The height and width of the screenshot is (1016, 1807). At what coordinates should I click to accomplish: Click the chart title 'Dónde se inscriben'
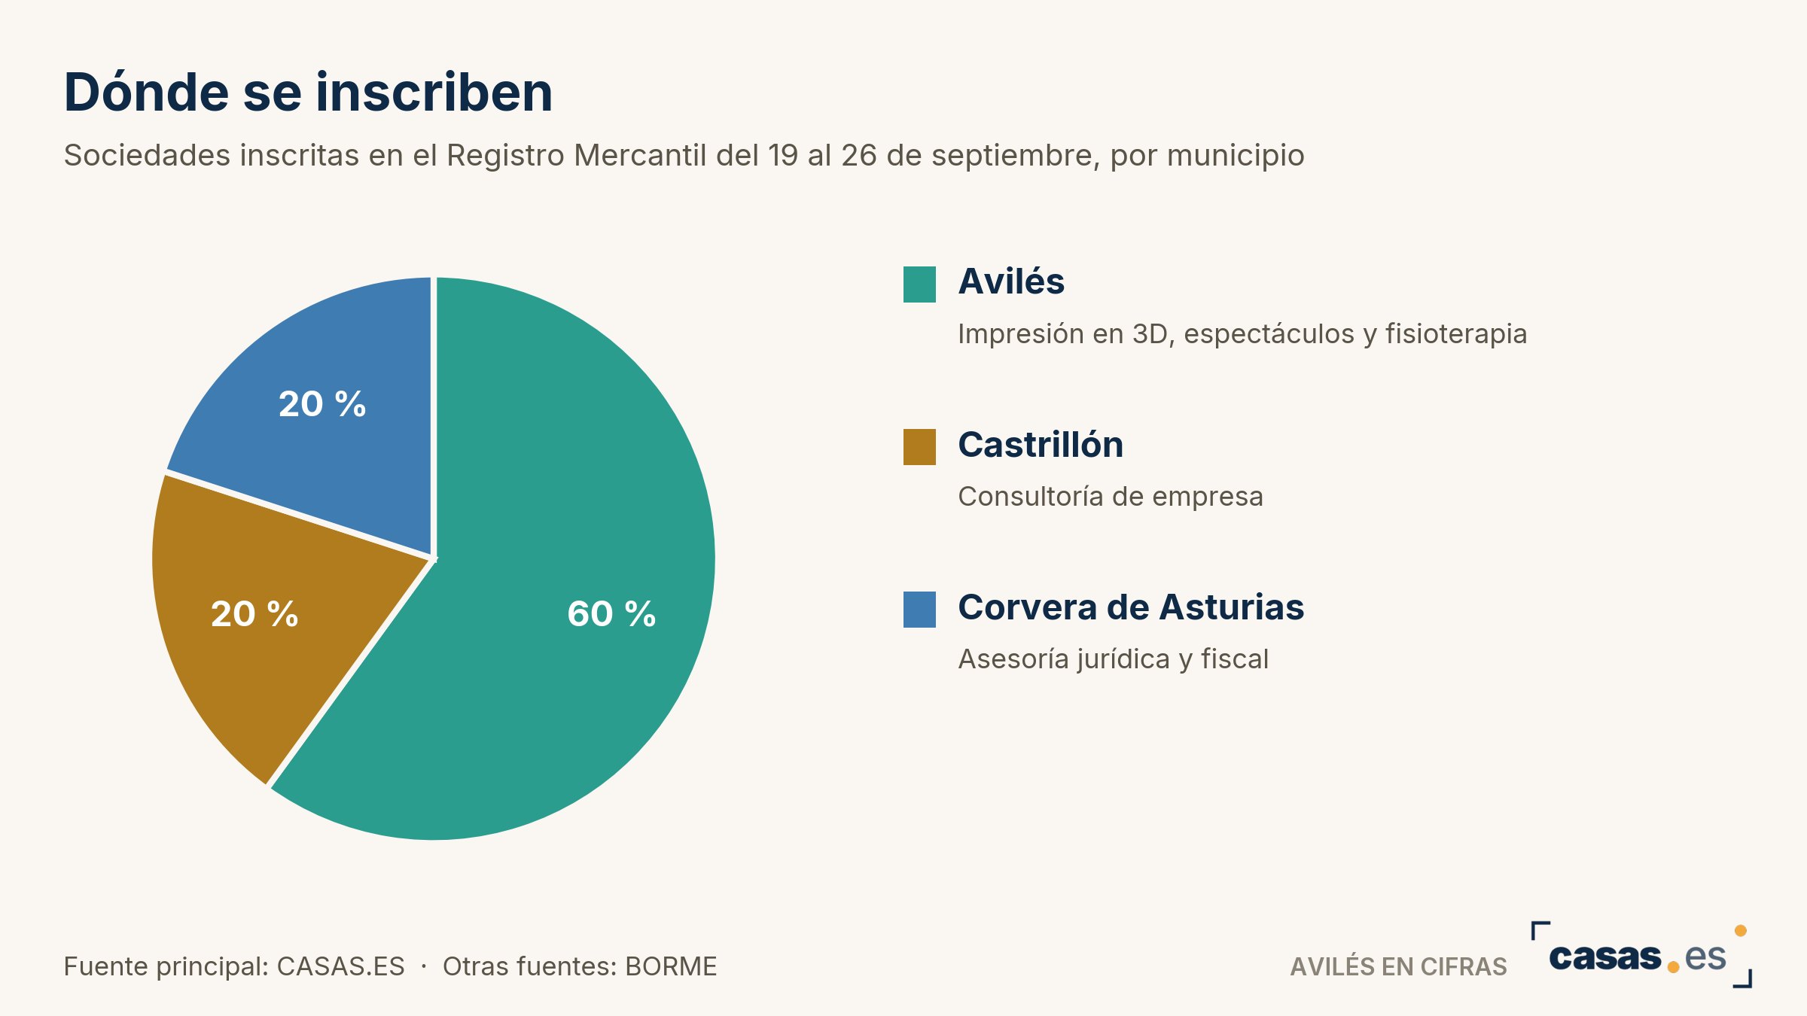pyautogui.click(x=309, y=93)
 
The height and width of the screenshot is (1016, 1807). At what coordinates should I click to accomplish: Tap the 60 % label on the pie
pyautogui.click(x=611, y=613)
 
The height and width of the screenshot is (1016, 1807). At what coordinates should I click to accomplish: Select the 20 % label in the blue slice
pyautogui.click(x=322, y=404)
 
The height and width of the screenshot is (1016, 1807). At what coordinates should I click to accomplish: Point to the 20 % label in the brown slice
pyautogui.click(x=254, y=613)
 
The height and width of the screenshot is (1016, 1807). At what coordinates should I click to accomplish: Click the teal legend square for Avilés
pyautogui.click(x=919, y=284)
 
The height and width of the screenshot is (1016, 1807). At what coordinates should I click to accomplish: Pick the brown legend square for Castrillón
pyautogui.click(x=919, y=447)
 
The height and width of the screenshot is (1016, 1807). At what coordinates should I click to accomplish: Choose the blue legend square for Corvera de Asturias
pyautogui.click(x=919, y=610)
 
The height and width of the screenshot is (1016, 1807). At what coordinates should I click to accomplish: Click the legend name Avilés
pyautogui.click(x=1011, y=281)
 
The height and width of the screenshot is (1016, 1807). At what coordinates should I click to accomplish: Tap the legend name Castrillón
pyautogui.click(x=1041, y=444)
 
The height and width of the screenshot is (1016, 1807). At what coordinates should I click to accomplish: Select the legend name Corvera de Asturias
pyautogui.click(x=1131, y=607)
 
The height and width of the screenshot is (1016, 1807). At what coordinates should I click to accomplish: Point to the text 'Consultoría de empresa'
pyautogui.click(x=1111, y=497)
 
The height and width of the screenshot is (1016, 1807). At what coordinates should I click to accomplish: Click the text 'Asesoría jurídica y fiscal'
pyautogui.click(x=1114, y=659)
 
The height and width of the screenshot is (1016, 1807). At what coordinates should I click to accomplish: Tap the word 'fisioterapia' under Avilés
pyautogui.click(x=1456, y=334)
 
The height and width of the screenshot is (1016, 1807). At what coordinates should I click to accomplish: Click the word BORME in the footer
pyautogui.click(x=671, y=966)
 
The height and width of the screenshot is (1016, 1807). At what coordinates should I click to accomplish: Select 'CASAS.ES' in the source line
pyautogui.click(x=340, y=966)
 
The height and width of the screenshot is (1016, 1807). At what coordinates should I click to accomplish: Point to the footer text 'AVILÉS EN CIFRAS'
pyautogui.click(x=1398, y=966)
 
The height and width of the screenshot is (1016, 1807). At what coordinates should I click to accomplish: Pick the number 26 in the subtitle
pyautogui.click(x=859, y=155)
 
